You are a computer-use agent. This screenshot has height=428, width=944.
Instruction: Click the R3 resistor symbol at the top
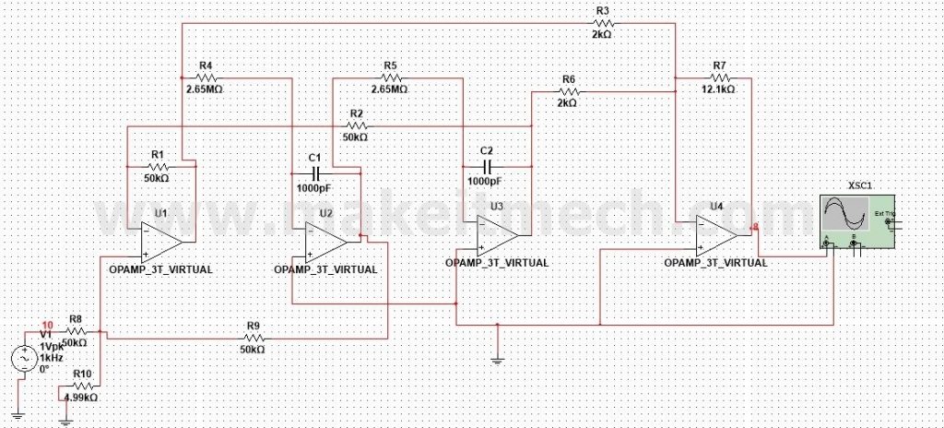tap(603, 23)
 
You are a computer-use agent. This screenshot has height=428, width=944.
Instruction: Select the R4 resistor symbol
tap(206, 78)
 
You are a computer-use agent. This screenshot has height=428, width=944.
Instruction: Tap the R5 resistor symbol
tap(389, 78)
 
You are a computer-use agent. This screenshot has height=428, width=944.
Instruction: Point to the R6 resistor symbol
tap(567, 92)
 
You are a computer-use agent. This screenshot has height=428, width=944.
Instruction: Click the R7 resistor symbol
tap(720, 78)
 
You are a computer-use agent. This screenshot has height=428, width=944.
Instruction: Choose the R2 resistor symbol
tap(355, 125)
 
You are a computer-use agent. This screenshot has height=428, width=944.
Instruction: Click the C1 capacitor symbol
tap(314, 172)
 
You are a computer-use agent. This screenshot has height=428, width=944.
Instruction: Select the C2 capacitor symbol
tap(488, 166)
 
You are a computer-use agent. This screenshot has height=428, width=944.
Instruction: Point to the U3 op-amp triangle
tap(495, 234)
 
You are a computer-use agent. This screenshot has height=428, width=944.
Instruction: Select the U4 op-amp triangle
tap(715, 233)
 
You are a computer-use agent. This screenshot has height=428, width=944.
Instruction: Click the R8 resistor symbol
tap(76, 330)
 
